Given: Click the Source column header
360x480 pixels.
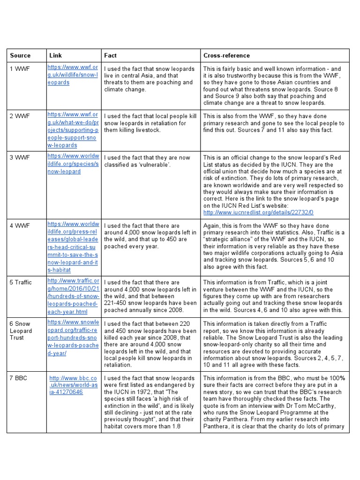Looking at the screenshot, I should (x=20, y=55).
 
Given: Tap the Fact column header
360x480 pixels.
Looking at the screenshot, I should (x=111, y=55).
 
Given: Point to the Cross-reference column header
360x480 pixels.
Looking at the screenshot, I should (x=226, y=55).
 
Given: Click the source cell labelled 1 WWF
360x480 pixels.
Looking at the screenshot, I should (x=20, y=69).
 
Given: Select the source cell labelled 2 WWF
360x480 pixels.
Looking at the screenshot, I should (x=20, y=116).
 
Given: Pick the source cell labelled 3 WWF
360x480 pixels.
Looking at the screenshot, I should (x=20, y=157).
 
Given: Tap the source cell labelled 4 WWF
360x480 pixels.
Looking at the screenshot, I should (x=20, y=226).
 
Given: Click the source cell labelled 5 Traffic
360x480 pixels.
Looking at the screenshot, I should (x=21, y=283).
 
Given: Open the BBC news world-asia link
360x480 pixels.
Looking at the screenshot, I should (x=73, y=385).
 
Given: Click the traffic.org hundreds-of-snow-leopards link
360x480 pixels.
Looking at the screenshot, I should (x=73, y=296).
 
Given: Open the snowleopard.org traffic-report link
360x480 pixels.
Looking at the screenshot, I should (x=73, y=337).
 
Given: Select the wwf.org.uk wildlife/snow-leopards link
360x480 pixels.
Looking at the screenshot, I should (x=73, y=75).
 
